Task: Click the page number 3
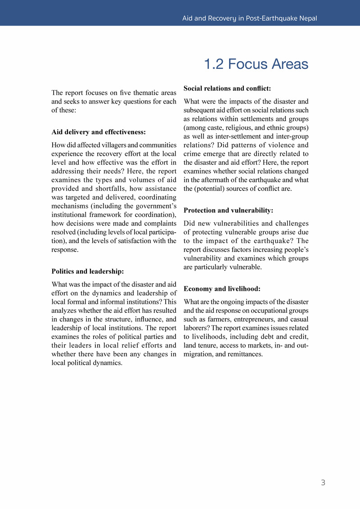pyautogui.click(x=323, y=483)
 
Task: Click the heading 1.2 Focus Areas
pyautogui.click(x=256, y=64)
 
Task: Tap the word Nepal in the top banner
pyautogui.click(x=306, y=18)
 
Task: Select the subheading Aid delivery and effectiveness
pyautogui.click(x=99, y=132)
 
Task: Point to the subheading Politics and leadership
pyautogui.click(x=88, y=271)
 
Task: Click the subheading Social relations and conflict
pyautogui.click(x=227, y=89)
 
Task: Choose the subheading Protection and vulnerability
pyautogui.click(x=229, y=210)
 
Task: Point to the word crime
pyautogui.click(x=192, y=154)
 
